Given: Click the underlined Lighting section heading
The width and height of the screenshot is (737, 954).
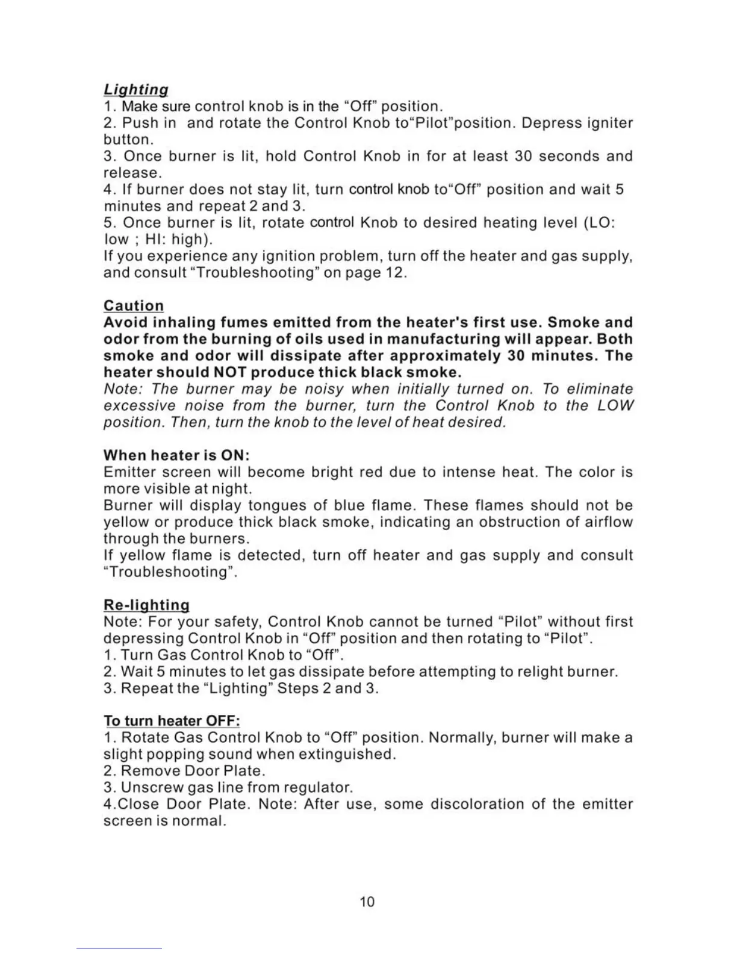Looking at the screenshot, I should coord(135,90).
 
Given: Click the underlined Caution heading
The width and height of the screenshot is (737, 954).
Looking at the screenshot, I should coord(133,306).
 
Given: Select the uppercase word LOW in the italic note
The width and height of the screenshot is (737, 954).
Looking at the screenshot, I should coord(615,405).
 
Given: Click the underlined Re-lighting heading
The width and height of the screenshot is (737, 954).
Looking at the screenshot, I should coord(146,605).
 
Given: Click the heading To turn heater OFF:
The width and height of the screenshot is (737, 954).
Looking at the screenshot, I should coord(172,721).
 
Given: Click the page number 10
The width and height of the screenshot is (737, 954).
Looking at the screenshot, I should coord(367,902).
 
